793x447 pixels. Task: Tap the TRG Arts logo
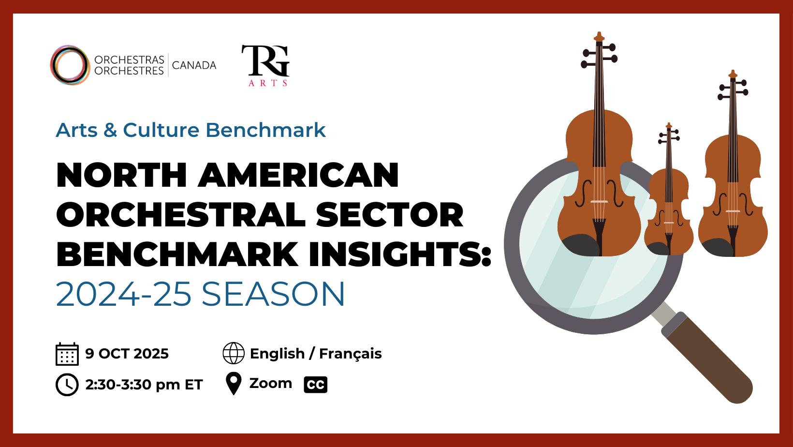(x=265, y=65)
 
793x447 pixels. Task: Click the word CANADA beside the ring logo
(x=194, y=65)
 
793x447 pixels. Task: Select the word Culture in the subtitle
(x=161, y=130)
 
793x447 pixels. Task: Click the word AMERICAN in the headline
(x=298, y=175)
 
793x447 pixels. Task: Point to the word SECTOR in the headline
(x=389, y=215)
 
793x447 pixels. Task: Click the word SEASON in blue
(x=273, y=294)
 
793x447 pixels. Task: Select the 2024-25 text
(x=124, y=294)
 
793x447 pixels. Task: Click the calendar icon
(x=67, y=354)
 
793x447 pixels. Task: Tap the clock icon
(x=67, y=384)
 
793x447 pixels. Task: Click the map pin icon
(x=234, y=384)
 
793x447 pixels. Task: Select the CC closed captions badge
(x=315, y=385)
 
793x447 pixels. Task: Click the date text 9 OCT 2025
(x=127, y=354)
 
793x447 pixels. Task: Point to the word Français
(x=351, y=354)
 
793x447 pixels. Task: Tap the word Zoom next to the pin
(x=271, y=383)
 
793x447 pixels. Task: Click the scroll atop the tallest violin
(x=599, y=37)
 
